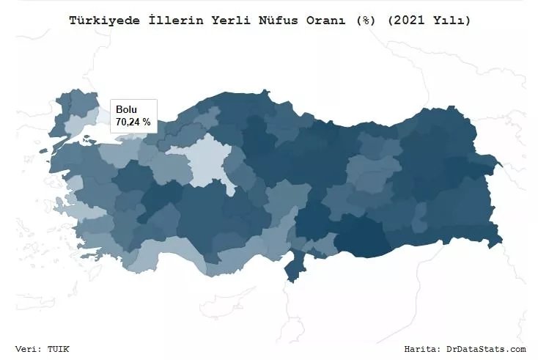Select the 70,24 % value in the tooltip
(133, 122)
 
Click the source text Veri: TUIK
(43, 349)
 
